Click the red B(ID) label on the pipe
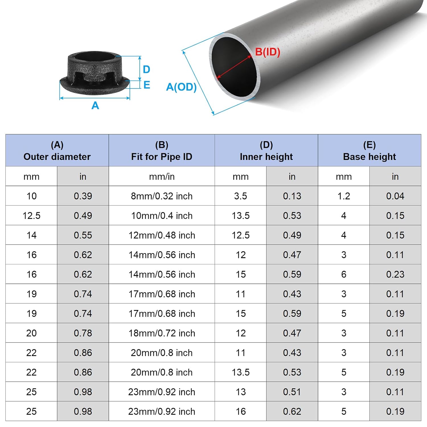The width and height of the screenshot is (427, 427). coord(267,52)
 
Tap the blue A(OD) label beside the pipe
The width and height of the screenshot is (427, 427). coord(181,87)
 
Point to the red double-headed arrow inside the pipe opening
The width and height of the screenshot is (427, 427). coord(234,67)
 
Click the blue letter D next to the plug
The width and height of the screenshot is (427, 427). coord(146,69)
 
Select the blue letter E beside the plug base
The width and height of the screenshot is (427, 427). coord(147,85)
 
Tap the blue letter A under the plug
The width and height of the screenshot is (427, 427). coord(95,106)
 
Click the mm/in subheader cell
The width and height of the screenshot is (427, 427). coord(162,176)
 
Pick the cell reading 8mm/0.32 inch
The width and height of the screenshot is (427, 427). coord(162,196)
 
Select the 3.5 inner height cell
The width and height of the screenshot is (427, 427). coord(241,196)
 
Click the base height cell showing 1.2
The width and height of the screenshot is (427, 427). coord(344,196)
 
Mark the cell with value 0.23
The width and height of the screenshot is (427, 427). coord(395,274)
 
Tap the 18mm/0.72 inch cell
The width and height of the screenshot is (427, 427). coord(162,333)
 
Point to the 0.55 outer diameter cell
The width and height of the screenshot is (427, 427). coord(83,235)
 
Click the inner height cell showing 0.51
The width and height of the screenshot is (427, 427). coord(292,392)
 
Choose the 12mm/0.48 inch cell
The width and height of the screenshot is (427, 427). coord(162,235)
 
